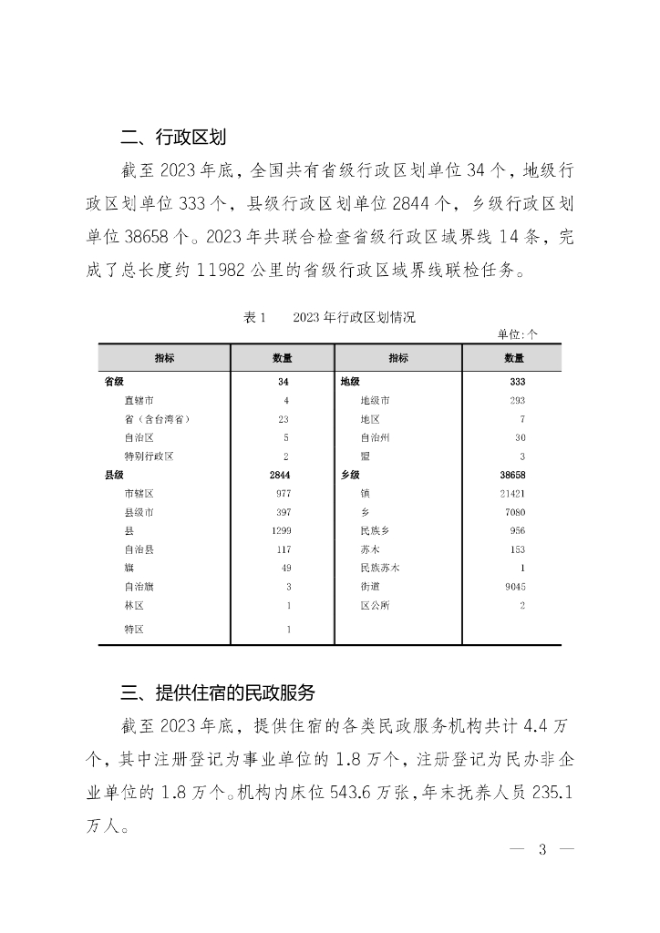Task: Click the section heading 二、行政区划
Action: pos(173,138)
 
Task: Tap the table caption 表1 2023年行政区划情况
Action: pos(329,318)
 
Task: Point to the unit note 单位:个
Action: pos(517,334)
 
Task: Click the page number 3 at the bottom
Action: pos(541,850)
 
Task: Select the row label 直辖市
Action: pos(139,400)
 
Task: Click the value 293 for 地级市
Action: pos(520,400)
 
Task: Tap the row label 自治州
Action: pos(375,437)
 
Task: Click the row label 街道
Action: pos(370,587)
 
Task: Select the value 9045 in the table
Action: pos(515,587)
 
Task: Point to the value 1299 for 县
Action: pos(281,530)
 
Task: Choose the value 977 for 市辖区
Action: pos(283,493)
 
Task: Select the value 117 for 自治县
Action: pos(283,549)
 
